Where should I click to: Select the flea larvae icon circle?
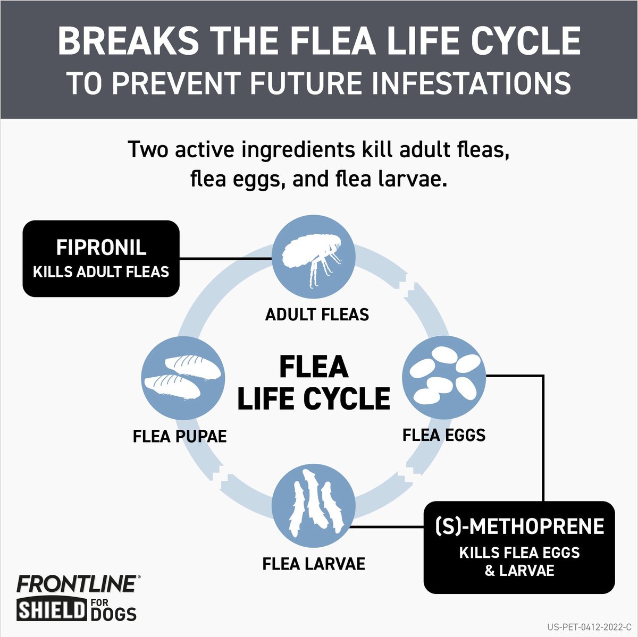[x=314, y=506]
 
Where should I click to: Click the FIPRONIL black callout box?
[x=101, y=259]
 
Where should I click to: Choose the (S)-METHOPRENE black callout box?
[x=519, y=547]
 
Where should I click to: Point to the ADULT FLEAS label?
[x=317, y=315]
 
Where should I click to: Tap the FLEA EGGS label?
[x=444, y=435]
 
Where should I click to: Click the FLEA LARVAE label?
[x=314, y=564]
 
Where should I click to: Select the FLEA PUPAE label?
[x=180, y=437]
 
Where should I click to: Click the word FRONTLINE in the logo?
[x=76, y=584]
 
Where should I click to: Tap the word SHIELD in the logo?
[x=52, y=610]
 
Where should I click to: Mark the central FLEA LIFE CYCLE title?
[x=314, y=383]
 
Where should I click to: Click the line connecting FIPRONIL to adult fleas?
[x=226, y=259]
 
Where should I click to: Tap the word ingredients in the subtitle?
[x=298, y=150]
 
